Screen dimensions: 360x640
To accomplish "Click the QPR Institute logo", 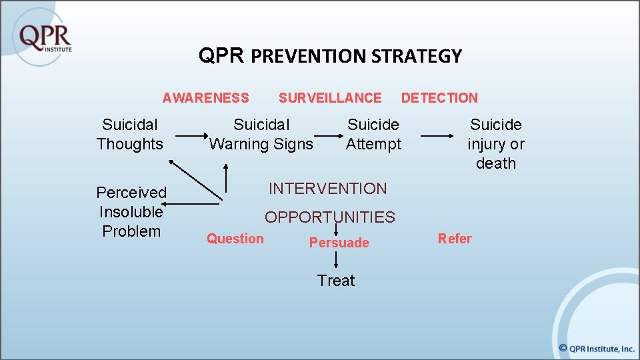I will coord(45,37).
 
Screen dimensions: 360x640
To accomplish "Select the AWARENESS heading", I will coord(205,98).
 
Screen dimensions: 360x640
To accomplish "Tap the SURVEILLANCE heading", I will coord(330,98).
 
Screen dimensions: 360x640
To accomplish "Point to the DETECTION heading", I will coord(439,98).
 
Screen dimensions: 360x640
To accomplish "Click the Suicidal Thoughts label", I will coord(130,134).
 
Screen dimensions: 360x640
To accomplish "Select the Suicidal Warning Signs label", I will coord(261,134).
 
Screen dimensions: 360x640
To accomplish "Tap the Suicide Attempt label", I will coord(373,134).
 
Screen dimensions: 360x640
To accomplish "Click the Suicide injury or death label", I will coord(496,143).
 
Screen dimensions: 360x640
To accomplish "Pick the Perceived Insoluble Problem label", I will coord(131,211).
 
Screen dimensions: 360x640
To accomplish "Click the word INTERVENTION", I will coord(327,189).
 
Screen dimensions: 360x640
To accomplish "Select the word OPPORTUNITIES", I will coord(330,217).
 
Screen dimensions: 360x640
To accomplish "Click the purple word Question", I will coord(235,239).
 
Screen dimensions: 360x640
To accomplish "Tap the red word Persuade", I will coord(339,243).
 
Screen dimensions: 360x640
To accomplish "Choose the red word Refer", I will coord(455,239).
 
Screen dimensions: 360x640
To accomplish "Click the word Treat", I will coord(336,281).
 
